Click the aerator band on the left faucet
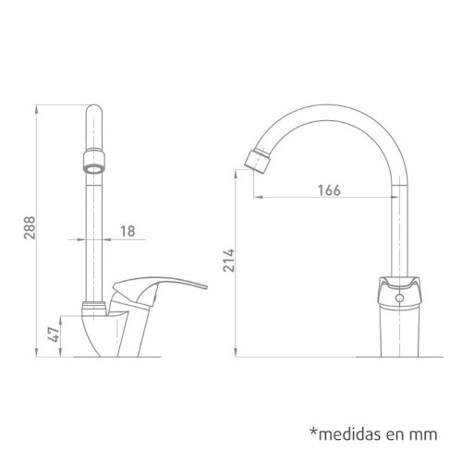(x=92, y=165)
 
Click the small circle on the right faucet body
(x=399, y=299)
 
